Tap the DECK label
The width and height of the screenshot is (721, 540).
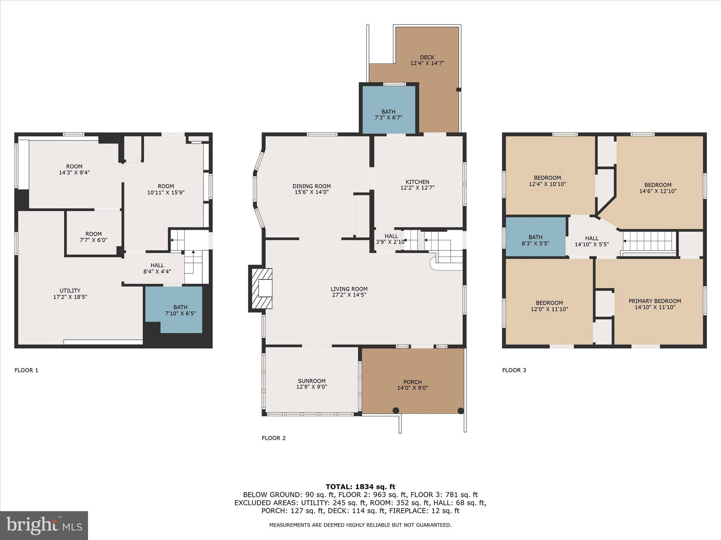pos(427,57)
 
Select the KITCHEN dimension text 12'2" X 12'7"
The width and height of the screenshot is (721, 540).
pos(417,188)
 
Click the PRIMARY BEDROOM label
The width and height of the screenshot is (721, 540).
pos(655,301)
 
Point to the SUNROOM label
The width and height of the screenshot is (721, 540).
pos(312,381)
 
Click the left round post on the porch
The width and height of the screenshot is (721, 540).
pos(396,410)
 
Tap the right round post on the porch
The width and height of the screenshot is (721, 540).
pos(460,410)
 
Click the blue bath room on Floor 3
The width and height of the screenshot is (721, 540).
pos(535,237)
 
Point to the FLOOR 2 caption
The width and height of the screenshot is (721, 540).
pos(274,438)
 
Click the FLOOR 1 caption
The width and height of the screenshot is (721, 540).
pos(26,370)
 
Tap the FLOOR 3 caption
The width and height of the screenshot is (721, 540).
pos(514,370)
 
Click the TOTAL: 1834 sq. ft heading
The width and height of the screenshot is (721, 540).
pos(360,487)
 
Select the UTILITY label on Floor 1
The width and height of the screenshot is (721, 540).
pos(70,290)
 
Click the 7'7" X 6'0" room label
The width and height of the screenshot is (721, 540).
pos(93,240)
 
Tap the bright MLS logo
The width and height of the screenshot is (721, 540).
pos(44,526)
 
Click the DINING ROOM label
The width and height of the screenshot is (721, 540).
pos(312,186)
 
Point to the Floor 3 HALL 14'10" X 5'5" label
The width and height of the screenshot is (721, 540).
pos(592,241)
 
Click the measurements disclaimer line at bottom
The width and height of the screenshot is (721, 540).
pos(360,525)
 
